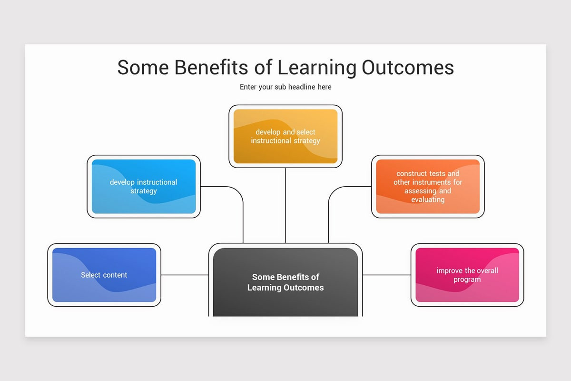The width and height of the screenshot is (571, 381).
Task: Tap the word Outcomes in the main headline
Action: click(x=408, y=67)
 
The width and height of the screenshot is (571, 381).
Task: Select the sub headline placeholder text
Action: click(x=285, y=87)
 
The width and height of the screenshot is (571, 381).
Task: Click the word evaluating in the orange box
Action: click(x=428, y=200)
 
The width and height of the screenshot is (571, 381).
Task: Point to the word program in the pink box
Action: click(x=467, y=280)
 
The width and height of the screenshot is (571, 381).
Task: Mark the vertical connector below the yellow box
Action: click(x=285, y=205)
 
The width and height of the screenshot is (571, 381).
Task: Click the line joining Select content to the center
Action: click(x=185, y=275)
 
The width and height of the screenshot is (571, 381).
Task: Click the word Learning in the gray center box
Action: click(x=264, y=288)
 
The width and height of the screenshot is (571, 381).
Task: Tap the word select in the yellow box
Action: click(x=306, y=132)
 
